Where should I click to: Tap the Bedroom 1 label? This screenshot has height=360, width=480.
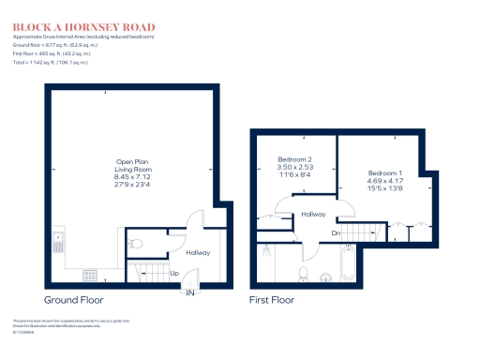[x=386, y=179]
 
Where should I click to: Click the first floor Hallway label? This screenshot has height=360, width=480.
[x=313, y=215]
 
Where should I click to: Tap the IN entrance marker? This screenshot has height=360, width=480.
[x=190, y=293]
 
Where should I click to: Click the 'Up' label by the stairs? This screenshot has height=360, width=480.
[x=174, y=273]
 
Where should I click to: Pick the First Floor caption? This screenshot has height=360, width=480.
[x=272, y=300]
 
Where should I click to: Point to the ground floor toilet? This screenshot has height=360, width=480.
[x=135, y=244]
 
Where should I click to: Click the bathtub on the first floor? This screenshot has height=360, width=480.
[x=348, y=265]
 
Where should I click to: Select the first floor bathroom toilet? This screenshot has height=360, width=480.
[x=303, y=273]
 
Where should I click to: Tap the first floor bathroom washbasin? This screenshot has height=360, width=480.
[x=325, y=277]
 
